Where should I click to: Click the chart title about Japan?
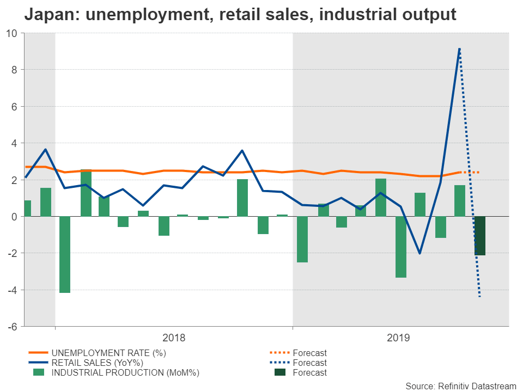(240, 15)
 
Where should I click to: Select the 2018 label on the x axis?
(174, 338)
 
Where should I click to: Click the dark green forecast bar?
(479, 235)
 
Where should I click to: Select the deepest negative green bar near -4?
(65, 254)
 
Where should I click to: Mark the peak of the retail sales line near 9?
(460, 49)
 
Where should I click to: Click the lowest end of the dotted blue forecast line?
(479, 296)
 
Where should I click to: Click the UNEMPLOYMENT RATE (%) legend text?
(108, 353)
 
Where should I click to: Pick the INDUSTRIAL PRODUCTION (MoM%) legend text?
(125, 372)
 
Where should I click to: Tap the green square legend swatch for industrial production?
(38, 372)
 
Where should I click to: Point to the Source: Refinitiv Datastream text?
(460, 386)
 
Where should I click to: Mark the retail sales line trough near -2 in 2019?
(419, 254)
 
